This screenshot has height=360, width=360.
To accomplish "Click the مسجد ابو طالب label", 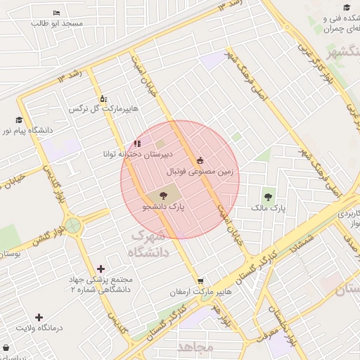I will [x=57, y=23].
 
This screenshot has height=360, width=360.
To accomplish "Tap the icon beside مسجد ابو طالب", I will [x=57, y=13].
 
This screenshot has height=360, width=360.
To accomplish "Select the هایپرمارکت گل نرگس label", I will [x=104, y=110].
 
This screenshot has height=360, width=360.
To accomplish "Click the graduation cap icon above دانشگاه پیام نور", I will [x=19, y=120].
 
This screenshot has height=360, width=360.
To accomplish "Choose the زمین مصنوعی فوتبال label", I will [x=200, y=171].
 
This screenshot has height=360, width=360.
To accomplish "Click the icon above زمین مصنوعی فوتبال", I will [x=201, y=160].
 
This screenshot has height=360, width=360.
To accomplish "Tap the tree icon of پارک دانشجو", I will [x=163, y=195].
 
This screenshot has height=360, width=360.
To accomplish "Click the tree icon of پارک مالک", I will [x=267, y=197].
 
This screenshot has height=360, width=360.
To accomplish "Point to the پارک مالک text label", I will [x=269, y=209].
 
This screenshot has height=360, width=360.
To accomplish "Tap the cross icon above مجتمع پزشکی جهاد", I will [x=101, y=269].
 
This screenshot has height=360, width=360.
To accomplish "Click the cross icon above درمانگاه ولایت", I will [x=39, y=317].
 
